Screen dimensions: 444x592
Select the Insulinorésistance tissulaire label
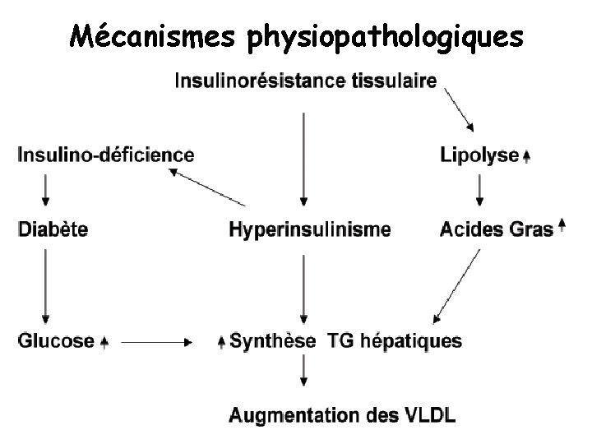click(305, 81)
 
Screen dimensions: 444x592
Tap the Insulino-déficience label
click(106, 155)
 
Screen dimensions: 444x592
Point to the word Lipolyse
click(479, 155)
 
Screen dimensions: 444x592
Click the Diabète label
click(53, 229)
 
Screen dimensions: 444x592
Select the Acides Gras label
click(497, 229)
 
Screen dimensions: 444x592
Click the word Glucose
click(55, 340)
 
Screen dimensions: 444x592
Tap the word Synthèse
click(272, 340)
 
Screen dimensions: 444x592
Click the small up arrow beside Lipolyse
click(526, 155)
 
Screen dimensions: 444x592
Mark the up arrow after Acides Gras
click(562, 225)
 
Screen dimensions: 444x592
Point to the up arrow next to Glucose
click(104, 341)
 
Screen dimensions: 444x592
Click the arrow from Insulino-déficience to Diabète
click(45, 191)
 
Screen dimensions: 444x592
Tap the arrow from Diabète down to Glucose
click(45, 284)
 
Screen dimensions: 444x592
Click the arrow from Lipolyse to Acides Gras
click(479, 191)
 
